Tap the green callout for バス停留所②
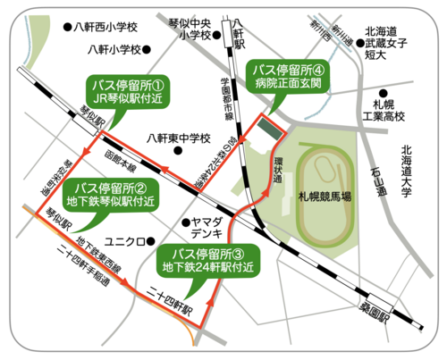pos(116,194)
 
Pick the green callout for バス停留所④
pos(288,76)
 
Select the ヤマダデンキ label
pos(207,227)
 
